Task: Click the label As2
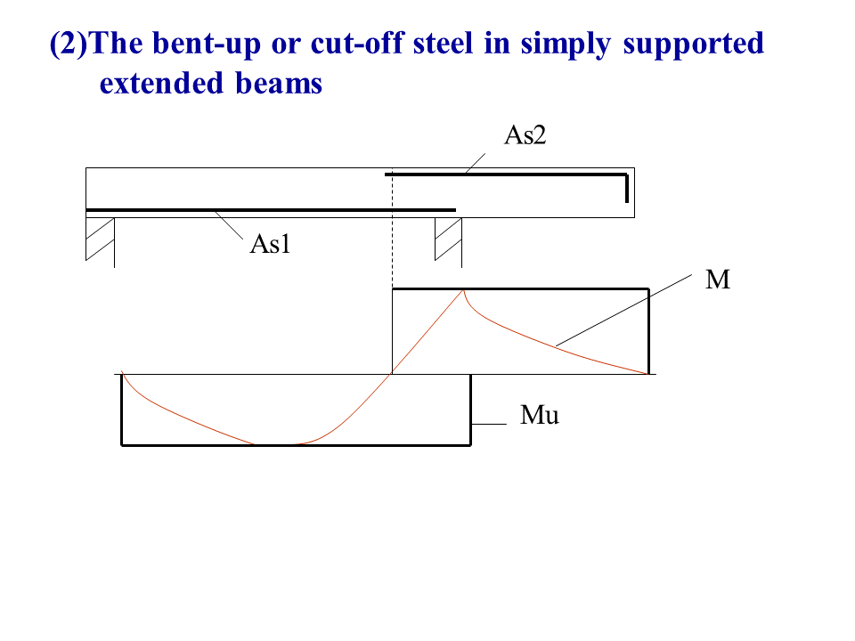pos(525,135)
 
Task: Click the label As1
pos(271,245)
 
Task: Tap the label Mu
pos(540,415)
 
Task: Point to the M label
pos(718,281)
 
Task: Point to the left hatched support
pos(100,239)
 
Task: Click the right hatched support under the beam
pos(448,239)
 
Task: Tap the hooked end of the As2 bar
pos(626,188)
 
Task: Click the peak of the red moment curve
pos(463,290)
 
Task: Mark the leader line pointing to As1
pos(229,225)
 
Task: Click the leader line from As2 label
pos(474,163)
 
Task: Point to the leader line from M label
pos(623,311)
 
